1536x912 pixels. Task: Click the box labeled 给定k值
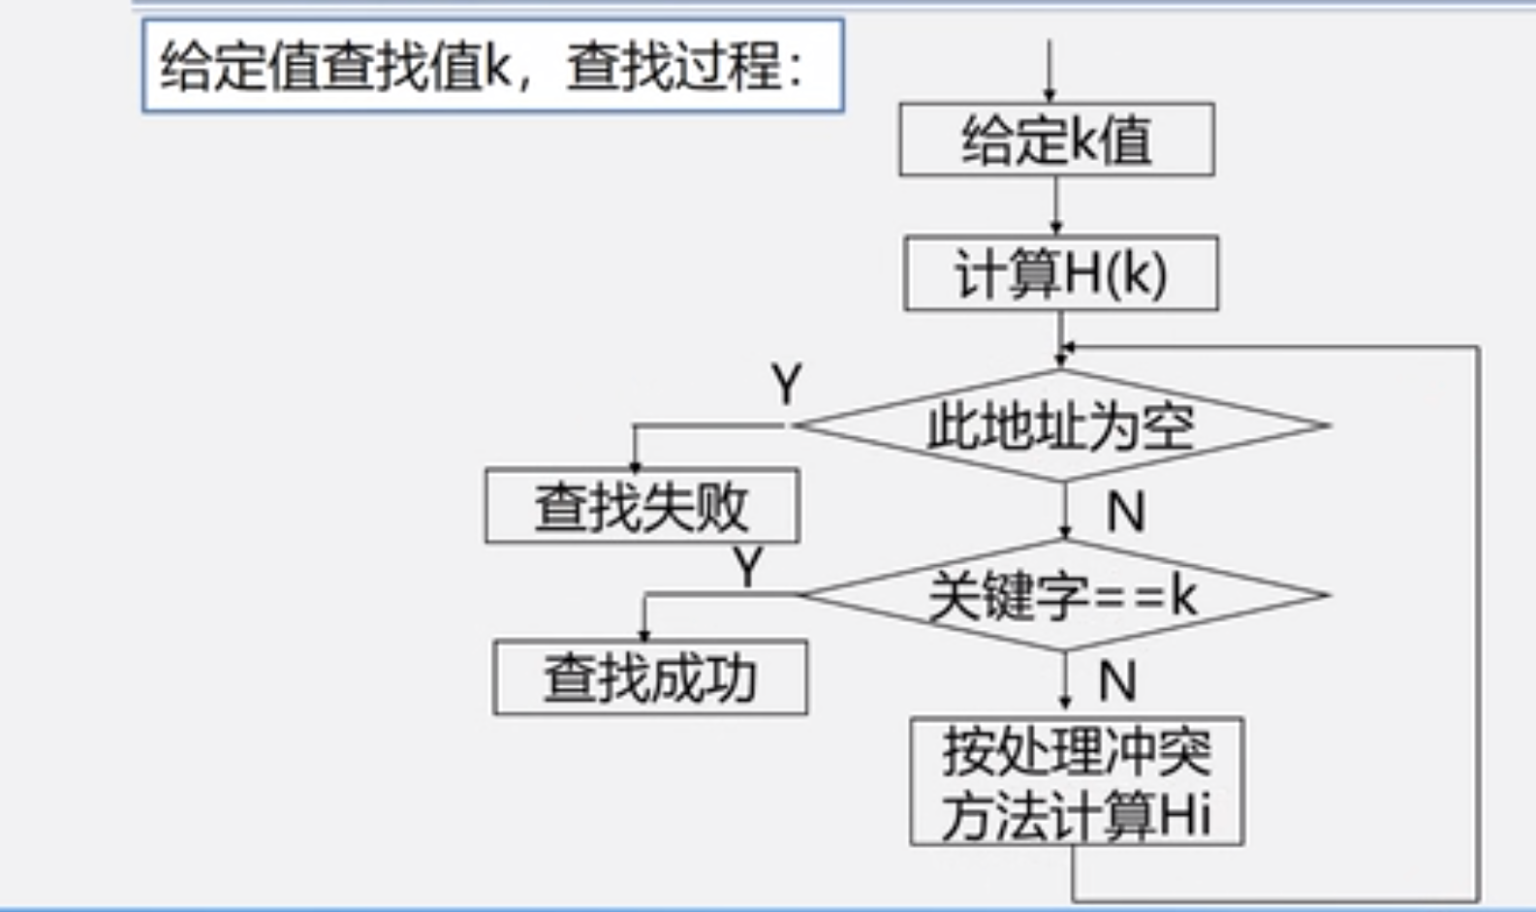coord(1056,140)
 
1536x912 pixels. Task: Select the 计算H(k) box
coord(1061,273)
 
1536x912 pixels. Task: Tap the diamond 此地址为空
coord(1061,425)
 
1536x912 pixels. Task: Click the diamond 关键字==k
coord(1063,595)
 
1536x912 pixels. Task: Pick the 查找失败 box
coord(642,506)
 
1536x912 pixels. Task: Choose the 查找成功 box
coord(649,677)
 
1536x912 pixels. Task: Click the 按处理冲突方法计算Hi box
coord(1077,781)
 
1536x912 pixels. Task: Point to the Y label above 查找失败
coord(787,385)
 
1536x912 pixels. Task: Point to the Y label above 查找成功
coord(747,567)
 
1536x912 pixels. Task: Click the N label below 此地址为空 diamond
coord(1126,511)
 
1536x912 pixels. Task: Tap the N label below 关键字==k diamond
coord(1117,680)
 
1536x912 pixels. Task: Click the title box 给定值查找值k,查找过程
coord(492,66)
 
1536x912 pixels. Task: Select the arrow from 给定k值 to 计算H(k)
coord(1056,205)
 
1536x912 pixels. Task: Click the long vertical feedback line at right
coord(1478,620)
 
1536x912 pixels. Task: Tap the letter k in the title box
coord(497,67)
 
